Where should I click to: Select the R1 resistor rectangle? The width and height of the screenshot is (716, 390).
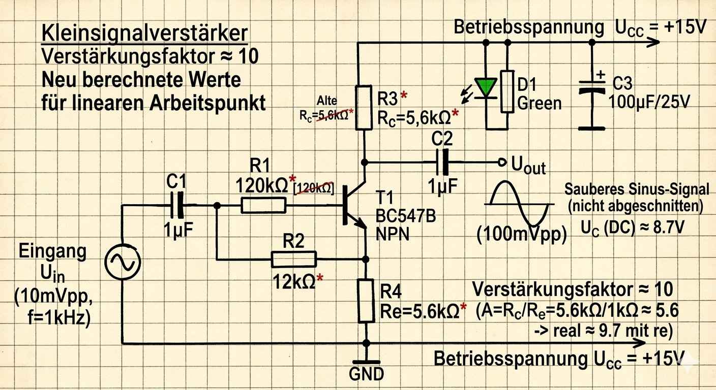point(263,206)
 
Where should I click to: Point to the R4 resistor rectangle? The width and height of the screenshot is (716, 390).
point(366,300)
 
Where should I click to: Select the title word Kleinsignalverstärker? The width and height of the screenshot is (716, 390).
point(144,33)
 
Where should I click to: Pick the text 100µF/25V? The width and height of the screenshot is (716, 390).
point(649,103)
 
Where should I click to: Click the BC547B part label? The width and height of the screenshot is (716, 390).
point(405,215)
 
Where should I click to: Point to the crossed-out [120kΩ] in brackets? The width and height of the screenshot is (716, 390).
point(314,188)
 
